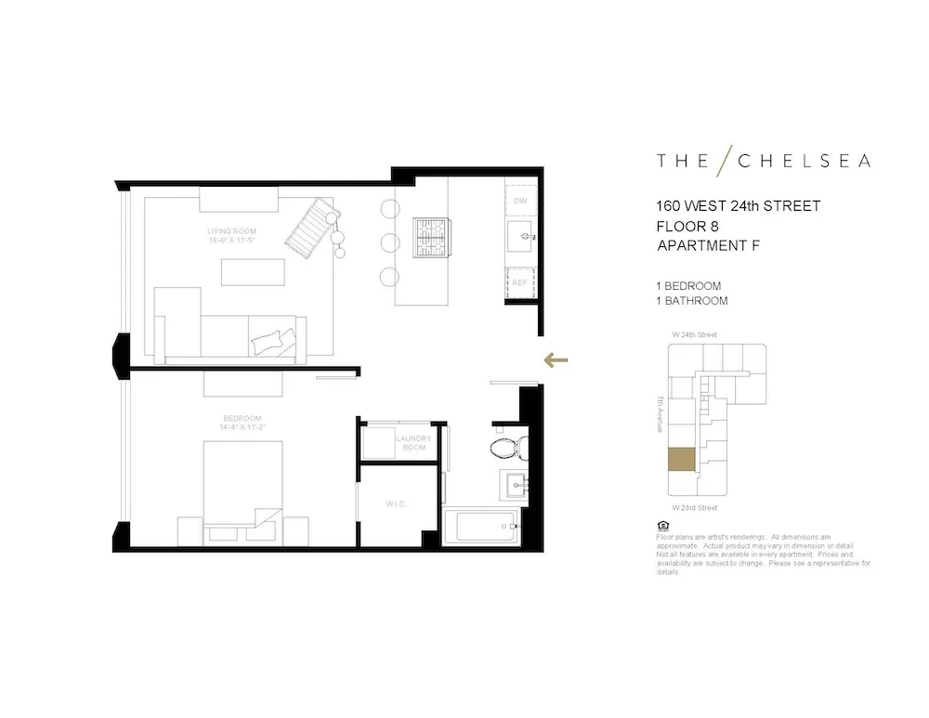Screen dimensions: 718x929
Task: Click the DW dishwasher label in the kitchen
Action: pyautogui.click(x=520, y=201)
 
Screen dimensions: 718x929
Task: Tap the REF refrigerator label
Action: pyautogui.click(x=519, y=281)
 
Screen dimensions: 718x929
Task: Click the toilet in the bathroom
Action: pyautogui.click(x=508, y=450)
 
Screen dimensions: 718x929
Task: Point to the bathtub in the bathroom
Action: pyautogui.click(x=481, y=527)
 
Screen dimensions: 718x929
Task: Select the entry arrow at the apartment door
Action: pyautogui.click(x=556, y=360)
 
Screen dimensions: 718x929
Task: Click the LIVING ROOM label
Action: pyautogui.click(x=232, y=231)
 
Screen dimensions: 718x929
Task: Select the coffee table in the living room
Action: pyautogui.click(x=253, y=271)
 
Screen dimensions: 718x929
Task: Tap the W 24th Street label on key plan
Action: pyautogui.click(x=694, y=334)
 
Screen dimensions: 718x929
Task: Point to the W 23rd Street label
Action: pyautogui.click(x=694, y=508)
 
